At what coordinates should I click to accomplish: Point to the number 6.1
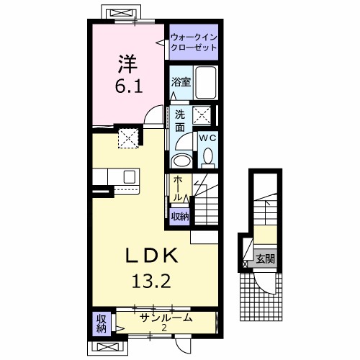pos(127,86)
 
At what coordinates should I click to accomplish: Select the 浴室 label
pos(181,82)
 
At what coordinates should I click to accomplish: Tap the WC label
pos(206,137)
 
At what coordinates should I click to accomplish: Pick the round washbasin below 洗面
pos(183,160)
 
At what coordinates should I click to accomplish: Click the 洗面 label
pos(179,120)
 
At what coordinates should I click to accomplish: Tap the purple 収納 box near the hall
pos(179,215)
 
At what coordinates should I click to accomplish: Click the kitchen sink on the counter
pos(130,177)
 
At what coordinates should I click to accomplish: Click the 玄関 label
pos(264,258)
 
